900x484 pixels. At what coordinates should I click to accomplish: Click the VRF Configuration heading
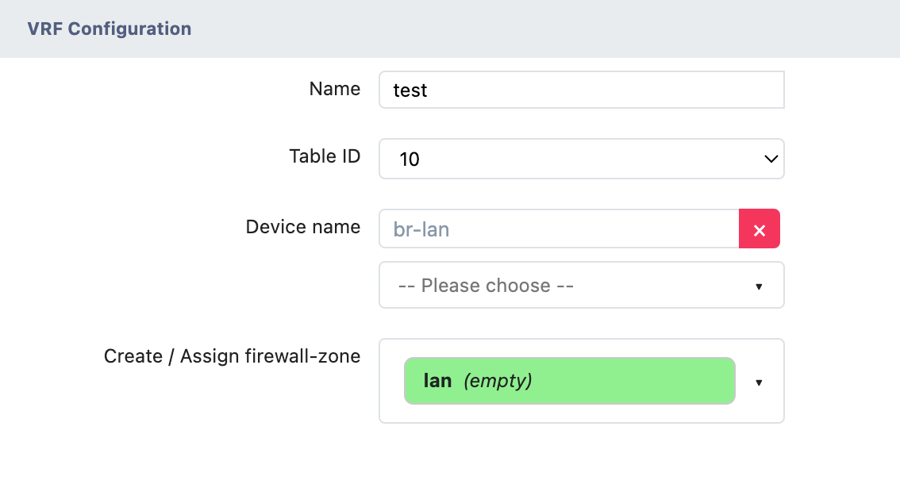[x=110, y=29]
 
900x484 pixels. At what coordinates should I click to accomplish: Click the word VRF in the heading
[x=45, y=29]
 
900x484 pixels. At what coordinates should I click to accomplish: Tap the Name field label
[x=334, y=89]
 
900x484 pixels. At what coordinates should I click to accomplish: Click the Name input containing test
[x=581, y=90]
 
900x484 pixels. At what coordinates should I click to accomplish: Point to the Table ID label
[x=325, y=156]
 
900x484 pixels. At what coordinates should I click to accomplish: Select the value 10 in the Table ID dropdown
[x=410, y=159]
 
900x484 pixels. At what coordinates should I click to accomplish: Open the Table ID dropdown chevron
[x=770, y=159]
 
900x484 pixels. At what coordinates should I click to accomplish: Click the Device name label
[x=303, y=227]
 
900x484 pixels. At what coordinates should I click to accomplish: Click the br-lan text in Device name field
[x=421, y=230]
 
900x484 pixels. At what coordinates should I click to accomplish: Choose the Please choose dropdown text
[x=486, y=286]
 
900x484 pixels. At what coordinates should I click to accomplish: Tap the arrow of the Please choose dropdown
[x=759, y=286]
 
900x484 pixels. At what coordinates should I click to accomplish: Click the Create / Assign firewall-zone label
[x=232, y=356]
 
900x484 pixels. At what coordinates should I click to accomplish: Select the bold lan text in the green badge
[x=438, y=381]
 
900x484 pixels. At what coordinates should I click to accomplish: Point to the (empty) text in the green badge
[x=498, y=381]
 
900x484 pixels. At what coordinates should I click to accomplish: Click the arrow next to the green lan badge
[x=759, y=382]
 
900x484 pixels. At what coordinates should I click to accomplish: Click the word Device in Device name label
[x=274, y=227]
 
